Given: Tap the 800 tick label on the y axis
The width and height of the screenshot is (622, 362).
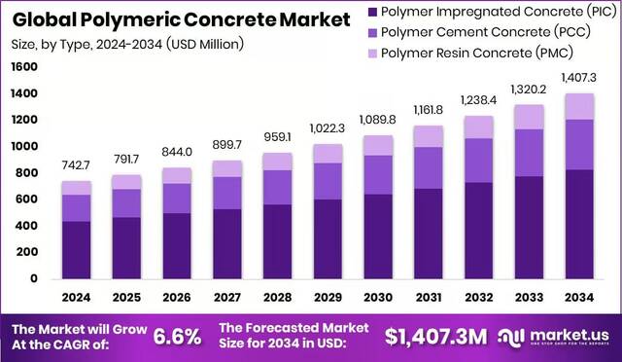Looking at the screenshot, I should click(x=27, y=173).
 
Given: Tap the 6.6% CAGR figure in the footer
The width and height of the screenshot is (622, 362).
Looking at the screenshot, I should click(x=176, y=337).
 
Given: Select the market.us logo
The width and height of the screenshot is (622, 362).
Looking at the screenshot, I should click(x=565, y=337).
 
